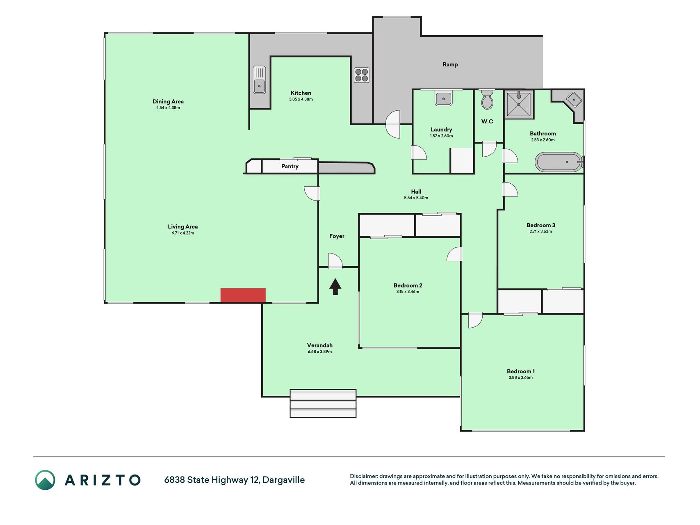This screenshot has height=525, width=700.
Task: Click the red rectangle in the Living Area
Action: pyautogui.click(x=243, y=295)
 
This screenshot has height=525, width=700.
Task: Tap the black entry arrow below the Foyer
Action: pyautogui.click(x=335, y=287)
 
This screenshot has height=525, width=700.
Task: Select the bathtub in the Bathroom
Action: pyautogui.click(x=559, y=162)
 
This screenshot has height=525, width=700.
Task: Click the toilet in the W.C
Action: pyautogui.click(x=487, y=99)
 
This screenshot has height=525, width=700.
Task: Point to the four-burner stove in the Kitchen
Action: pyautogui.click(x=362, y=75)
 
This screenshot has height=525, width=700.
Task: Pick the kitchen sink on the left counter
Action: pyautogui.click(x=259, y=80)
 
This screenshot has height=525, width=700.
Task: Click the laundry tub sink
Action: pyautogui.click(x=444, y=98)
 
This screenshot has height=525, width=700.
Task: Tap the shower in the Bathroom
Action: pyautogui.click(x=519, y=104)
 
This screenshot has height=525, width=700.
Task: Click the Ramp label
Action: pyautogui.click(x=450, y=64)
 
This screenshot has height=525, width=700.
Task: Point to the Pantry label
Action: pyautogui.click(x=290, y=167)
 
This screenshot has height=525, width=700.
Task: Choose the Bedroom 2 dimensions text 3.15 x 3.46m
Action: pyautogui.click(x=408, y=292)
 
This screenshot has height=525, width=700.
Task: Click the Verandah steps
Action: pyautogui.click(x=323, y=404)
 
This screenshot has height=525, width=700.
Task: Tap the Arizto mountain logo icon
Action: pyautogui.click(x=45, y=480)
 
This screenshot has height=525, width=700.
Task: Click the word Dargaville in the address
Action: pyautogui.click(x=284, y=480)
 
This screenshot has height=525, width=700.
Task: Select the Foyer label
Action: pyautogui.click(x=337, y=236)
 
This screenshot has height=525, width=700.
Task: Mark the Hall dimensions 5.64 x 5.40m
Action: pyautogui.click(x=416, y=198)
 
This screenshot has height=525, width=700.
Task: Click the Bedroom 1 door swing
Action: pyautogui.click(x=475, y=321)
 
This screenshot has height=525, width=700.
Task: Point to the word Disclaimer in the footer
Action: pyautogui.click(x=363, y=476)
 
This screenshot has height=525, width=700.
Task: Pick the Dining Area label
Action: pyautogui.click(x=168, y=102)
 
